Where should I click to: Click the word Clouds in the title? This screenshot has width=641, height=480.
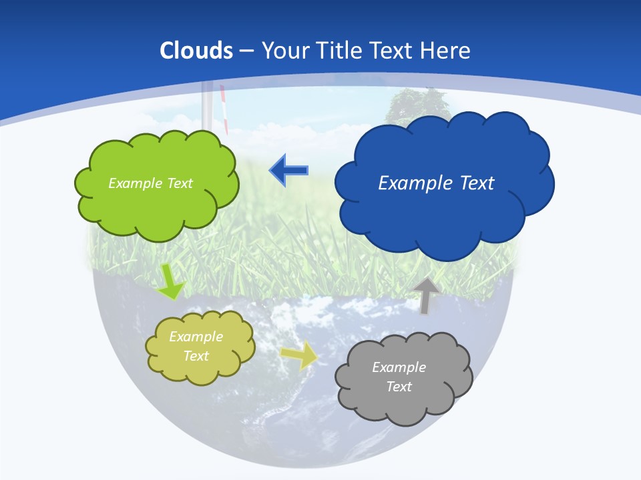tap(196, 51)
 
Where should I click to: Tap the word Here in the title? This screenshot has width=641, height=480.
tap(445, 51)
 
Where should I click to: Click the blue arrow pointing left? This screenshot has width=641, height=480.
tap(288, 171)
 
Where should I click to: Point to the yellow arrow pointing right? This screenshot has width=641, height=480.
tap(298, 355)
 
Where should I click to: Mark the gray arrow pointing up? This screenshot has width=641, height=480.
tap(425, 295)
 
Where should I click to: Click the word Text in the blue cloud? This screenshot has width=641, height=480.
tap(475, 183)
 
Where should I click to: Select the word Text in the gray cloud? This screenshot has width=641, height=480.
tap(399, 387)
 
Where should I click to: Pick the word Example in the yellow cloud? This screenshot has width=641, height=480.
tap(196, 337)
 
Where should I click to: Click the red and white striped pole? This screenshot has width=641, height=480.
tap(224, 110)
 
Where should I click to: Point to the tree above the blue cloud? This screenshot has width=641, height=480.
tap(417, 103)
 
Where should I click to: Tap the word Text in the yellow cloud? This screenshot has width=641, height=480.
tap(196, 356)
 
